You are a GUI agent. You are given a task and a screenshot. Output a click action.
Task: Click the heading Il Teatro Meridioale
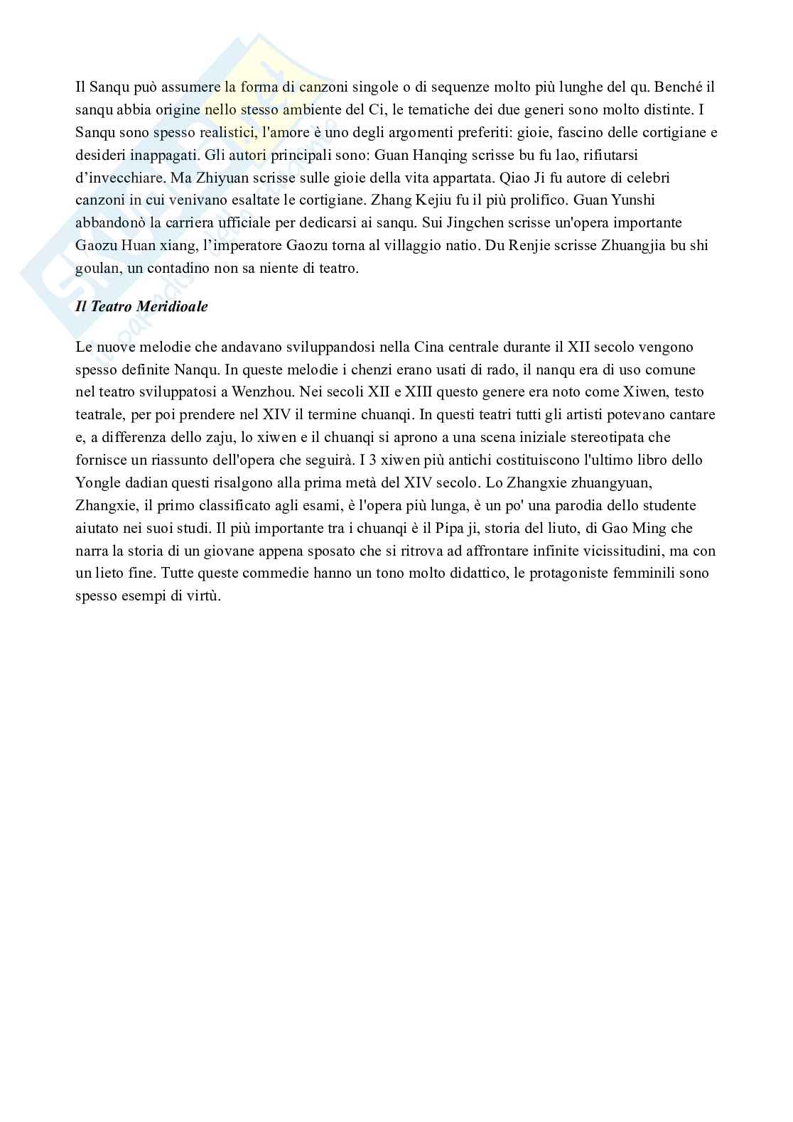coord(141,307)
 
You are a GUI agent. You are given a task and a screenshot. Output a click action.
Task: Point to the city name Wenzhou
coord(255,392)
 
